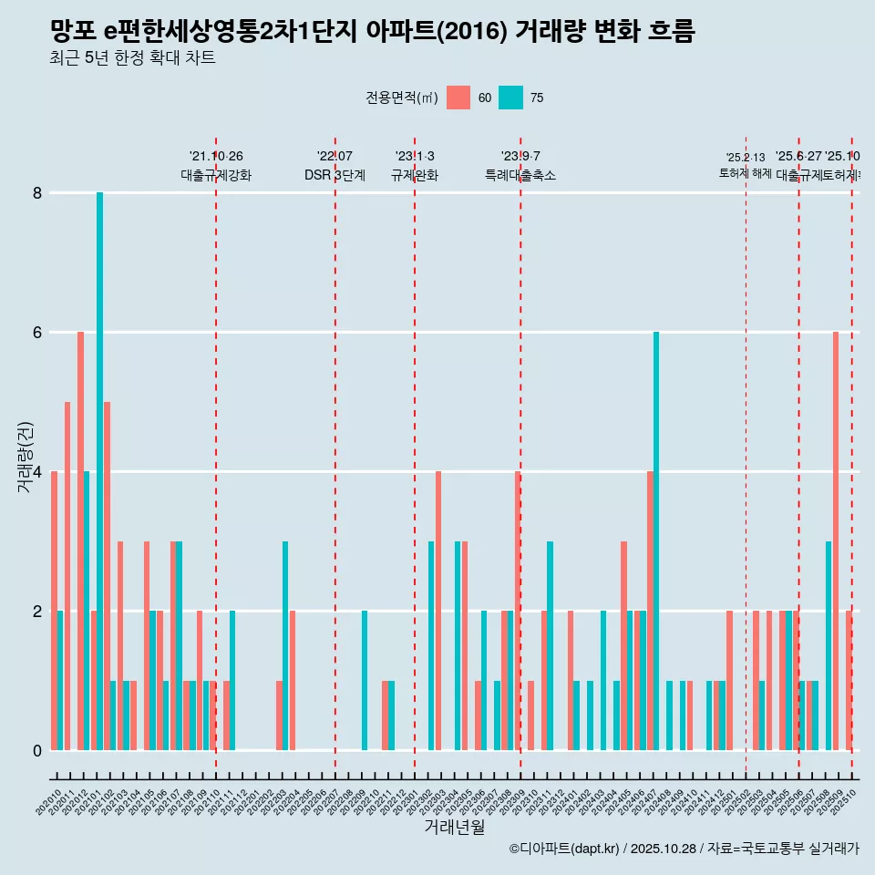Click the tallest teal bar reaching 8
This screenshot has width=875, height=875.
[x=99, y=470]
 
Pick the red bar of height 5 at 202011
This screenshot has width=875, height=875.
[x=67, y=575]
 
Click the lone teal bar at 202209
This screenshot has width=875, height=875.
[x=365, y=680]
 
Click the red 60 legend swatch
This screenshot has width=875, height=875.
[x=458, y=98]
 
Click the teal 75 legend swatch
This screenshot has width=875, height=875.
[x=510, y=98]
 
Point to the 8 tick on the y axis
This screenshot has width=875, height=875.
[x=37, y=193]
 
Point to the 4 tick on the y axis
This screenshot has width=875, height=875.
[x=37, y=471]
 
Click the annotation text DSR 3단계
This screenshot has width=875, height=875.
[x=335, y=176]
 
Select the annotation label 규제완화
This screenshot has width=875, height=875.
[x=415, y=176]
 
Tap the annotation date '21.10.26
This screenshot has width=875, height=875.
[x=216, y=157]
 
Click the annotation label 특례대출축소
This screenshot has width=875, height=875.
[x=520, y=176]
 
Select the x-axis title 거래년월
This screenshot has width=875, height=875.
[x=454, y=827]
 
